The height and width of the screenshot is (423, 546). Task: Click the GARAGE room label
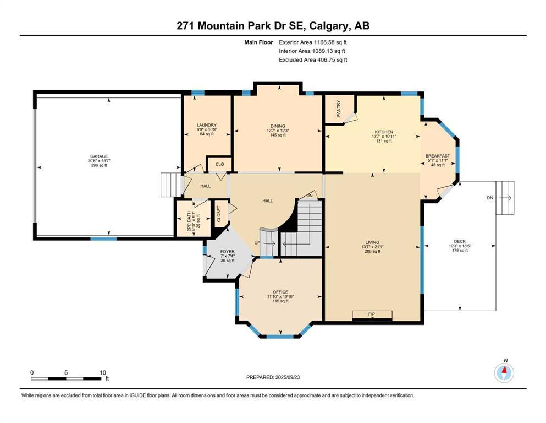tap(99, 156)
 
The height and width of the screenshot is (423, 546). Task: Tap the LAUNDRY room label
tap(206, 125)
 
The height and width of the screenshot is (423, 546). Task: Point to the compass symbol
tap(504, 373)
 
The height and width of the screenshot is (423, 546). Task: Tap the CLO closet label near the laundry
tap(219, 164)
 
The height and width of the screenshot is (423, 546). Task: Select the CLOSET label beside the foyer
tap(218, 214)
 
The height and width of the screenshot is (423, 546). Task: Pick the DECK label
tap(460, 241)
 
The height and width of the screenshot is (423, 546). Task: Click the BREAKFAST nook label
tap(438, 156)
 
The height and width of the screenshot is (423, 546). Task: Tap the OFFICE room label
tap(280, 292)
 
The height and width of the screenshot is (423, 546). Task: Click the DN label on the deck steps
tap(489, 198)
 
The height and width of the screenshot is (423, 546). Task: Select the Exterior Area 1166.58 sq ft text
tap(313, 42)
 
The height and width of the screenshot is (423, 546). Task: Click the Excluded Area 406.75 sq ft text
tap(313, 60)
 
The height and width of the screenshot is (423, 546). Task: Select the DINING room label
tap(278, 126)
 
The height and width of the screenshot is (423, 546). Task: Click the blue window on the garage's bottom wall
tap(103, 238)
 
